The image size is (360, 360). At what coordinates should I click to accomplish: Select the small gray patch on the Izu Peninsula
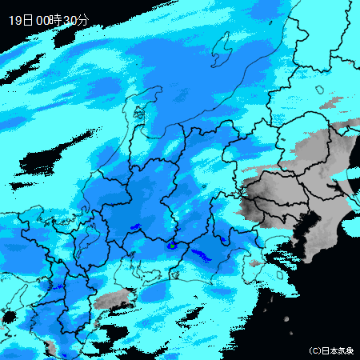[254, 263]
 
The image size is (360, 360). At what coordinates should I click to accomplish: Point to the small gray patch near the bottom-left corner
[50, 346]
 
